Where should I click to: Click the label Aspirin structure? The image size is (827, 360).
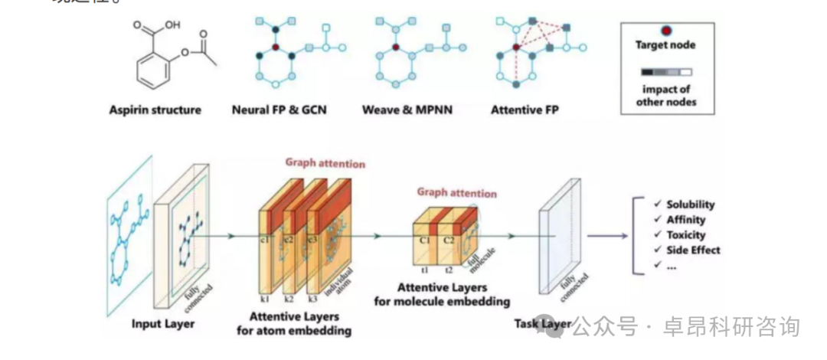point(155,110)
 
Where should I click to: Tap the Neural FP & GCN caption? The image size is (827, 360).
point(279,110)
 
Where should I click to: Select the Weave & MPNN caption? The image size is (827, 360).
point(407,110)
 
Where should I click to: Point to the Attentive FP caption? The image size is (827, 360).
point(525,110)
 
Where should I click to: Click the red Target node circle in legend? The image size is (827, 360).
point(667,31)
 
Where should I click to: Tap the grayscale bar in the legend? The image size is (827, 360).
point(667,74)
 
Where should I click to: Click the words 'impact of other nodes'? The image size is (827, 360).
point(667,95)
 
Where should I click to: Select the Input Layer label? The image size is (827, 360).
point(163,323)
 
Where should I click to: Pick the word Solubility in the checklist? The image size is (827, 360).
point(690,205)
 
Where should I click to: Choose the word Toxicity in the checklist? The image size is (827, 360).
point(685,235)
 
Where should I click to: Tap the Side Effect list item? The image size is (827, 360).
point(693,250)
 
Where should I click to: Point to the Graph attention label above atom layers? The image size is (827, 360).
point(325,162)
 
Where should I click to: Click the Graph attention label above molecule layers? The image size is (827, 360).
point(456,193)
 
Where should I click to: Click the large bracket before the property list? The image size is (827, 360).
point(635,234)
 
